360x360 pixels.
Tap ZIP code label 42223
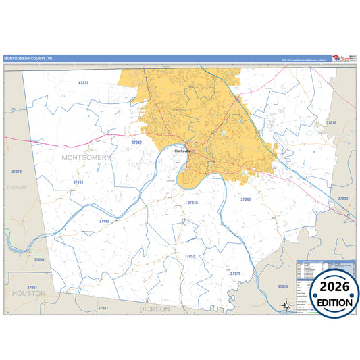point(83,82)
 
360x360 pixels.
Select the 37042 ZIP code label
point(136,143)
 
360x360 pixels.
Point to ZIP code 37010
point(330,123)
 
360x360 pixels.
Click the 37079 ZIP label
point(17,172)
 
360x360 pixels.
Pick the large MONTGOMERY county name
point(85,157)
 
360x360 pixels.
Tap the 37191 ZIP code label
point(78,182)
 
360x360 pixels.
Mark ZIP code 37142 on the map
point(103,221)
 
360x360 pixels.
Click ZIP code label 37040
point(192,203)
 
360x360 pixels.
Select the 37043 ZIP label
point(245,199)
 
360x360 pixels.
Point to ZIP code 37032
point(342,199)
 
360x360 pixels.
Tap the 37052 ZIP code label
point(190,256)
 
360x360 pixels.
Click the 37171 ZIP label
point(235,274)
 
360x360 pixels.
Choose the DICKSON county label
point(155,309)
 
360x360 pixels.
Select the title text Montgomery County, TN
point(28,59)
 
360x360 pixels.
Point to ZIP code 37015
point(282,286)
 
